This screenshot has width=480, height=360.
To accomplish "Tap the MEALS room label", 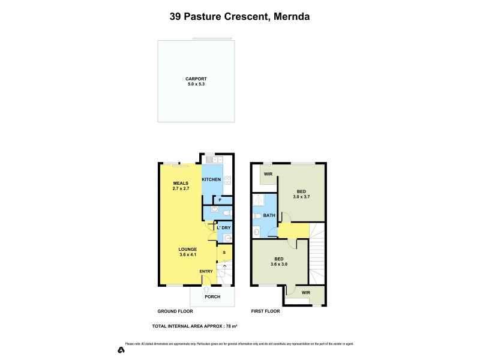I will coord(181,184).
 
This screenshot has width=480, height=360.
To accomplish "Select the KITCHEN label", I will coord(211,179).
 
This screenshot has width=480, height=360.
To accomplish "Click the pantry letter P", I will coord(220,200).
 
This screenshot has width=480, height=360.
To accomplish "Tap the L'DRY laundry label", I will coord(224,228).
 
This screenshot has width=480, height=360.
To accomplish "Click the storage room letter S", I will coord(224,253).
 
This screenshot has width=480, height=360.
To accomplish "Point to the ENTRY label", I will coord(206,272).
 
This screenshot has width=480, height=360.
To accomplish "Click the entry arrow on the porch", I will coord(206,290).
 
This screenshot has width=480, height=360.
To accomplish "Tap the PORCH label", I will coord(212,297).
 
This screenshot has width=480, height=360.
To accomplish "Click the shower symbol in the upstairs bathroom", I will coord(260,200).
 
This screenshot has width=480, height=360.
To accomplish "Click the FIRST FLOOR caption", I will coord(265,311).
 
